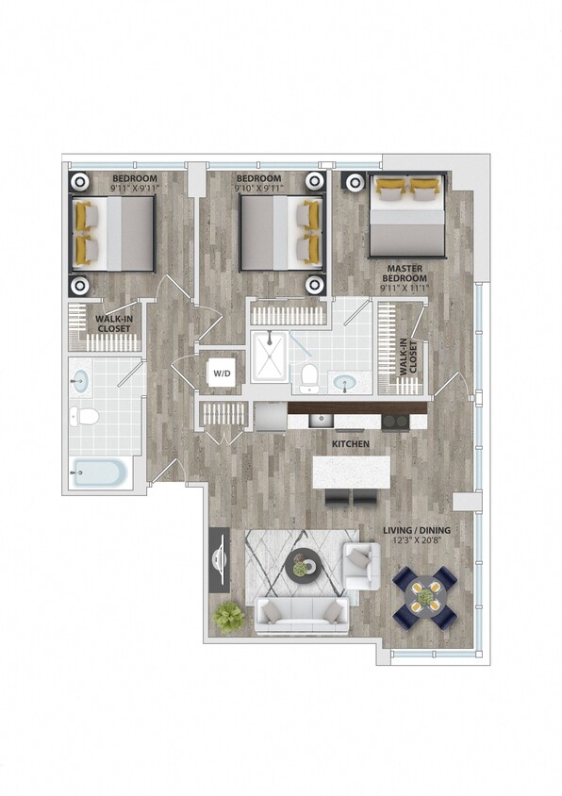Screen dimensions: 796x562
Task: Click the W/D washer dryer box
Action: pyautogui.click(x=222, y=373)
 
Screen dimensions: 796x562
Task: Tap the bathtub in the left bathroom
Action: pyautogui.click(x=100, y=472)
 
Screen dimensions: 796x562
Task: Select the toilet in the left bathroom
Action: pyautogui.click(x=87, y=416)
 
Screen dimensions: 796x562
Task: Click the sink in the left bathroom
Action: pyautogui.click(x=81, y=381)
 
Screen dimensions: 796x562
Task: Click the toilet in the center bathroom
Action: pyautogui.click(x=307, y=377)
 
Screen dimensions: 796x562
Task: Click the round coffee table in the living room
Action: pyautogui.click(x=303, y=567)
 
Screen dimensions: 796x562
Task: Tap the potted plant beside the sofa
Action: pyautogui.click(x=228, y=618)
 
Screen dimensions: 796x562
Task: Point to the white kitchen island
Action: pyautogui.click(x=351, y=472)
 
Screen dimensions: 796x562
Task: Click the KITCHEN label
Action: pyautogui.click(x=349, y=442)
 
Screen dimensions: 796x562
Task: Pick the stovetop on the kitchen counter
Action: pyautogui.click(x=396, y=421)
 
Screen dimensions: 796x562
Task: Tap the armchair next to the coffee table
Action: pyautogui.click(x=361, y=564)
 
